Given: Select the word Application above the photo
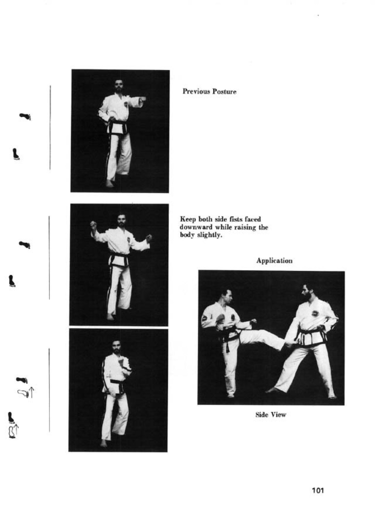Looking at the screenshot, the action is [x=274, y=261].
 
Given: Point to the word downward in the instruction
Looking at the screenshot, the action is [x=196, y=227].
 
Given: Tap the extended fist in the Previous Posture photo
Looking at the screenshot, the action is [x=143, y=99].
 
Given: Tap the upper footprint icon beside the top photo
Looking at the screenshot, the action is [x=25, y=116].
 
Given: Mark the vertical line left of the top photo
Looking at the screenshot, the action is [x=50, y=127].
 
